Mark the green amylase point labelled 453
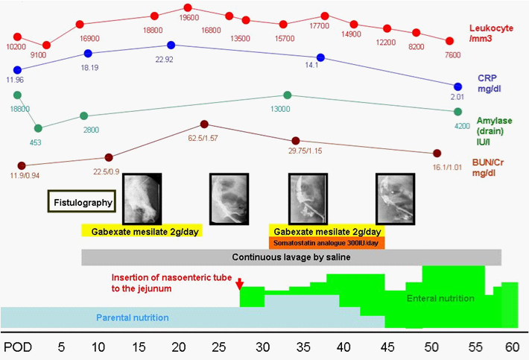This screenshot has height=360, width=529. (39, 128)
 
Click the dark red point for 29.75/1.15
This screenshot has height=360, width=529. (296, 141)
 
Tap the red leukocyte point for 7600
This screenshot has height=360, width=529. (449, 42)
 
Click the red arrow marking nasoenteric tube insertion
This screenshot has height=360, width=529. (239, 284)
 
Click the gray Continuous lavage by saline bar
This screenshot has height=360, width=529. (291, 257)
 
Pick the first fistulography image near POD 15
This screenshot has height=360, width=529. (142, 197)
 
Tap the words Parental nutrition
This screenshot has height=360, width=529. (132, 318)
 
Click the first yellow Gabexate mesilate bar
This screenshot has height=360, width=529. (142, 231)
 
